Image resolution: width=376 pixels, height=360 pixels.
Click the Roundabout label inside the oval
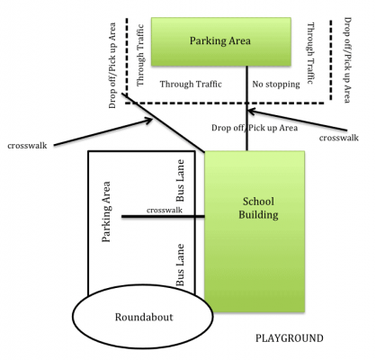(x=144, y=317)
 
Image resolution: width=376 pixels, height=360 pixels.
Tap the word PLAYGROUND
(x=290, y=338)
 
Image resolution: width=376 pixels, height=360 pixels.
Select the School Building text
(x=258, y=208)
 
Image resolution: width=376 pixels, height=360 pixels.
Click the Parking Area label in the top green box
(x=220, y=40)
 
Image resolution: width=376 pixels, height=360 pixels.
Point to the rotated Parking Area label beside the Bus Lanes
(x=106, y=211)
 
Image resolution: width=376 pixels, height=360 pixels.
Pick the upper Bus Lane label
(x=180, y=181)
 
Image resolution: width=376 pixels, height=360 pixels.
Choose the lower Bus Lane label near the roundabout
(x=180, y=265)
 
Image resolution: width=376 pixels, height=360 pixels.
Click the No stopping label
(x=276, y=85)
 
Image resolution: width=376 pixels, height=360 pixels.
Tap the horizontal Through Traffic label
(x=191, y=84)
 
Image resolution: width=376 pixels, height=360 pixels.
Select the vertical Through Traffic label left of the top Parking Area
(x=140, y=56)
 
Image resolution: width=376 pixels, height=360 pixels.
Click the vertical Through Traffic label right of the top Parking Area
(x=310, y=53)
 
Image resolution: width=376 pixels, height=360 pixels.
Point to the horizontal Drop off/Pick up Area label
(x=255, y=128)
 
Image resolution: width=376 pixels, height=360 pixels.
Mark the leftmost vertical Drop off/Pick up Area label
(x=112, y=66)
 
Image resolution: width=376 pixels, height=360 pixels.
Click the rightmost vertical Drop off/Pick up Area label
(x=347, y=60)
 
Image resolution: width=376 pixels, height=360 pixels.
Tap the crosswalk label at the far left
(x=27, y=146)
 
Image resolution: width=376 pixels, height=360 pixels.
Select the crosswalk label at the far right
(x=339, y=138)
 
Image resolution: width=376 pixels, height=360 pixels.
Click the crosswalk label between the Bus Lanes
(x=165, y=210)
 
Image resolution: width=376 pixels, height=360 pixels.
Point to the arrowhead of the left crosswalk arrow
(x=149, y=121)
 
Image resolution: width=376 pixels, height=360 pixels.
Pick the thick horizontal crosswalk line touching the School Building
(x=163, y=216)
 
